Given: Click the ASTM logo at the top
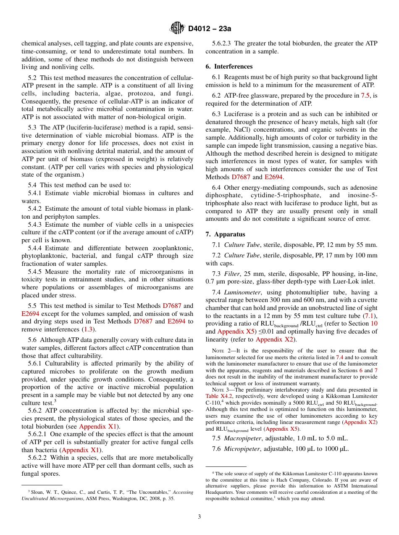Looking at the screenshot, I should [177, 29].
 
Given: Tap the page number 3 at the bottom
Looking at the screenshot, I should [199, 516].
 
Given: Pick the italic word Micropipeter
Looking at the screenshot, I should [240, 449].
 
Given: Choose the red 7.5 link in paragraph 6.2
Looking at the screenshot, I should [365, 96].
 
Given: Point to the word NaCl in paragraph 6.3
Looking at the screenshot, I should [238, 130].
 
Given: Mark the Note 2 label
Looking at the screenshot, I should [219, 350].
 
